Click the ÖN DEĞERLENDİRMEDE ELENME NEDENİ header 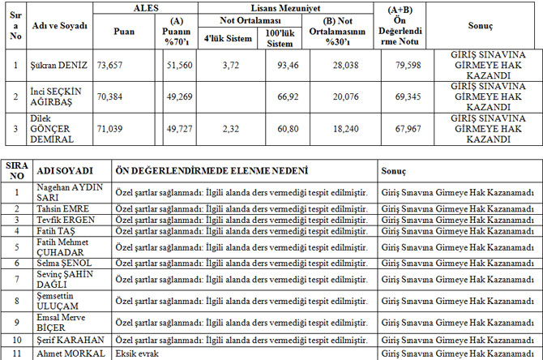tap(212, 172)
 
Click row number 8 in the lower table tap(17, 299)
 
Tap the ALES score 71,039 tap(110, 128)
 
